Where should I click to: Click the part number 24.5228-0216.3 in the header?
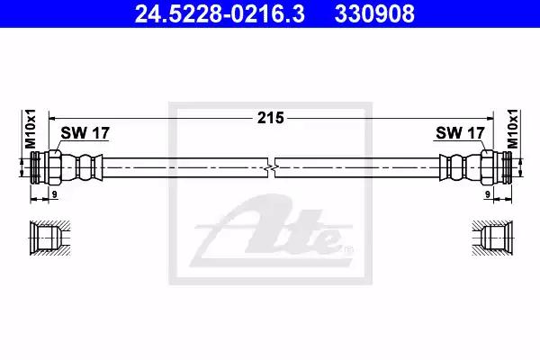pyautogui.click(x=220, y=13)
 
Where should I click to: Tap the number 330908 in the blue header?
pyautogui.click(x=374, y=13)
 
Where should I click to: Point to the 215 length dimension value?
pyautogui.click(x=271, y=118)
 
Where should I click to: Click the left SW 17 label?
pyautogui.click(x=85, y=133)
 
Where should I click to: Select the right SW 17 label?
pyautogui.click(x=460, y=133)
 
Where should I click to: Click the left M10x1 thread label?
pyautogui.click(x=31, y=129)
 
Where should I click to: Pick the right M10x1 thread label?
pyautogui.click(x=514, y=129)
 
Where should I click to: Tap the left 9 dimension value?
pyautogui.click(x=54, y=194)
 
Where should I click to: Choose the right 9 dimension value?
pyautogui.click(x=487, y=194)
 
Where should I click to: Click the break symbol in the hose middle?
pyautogui.click(x=272, y=167)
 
